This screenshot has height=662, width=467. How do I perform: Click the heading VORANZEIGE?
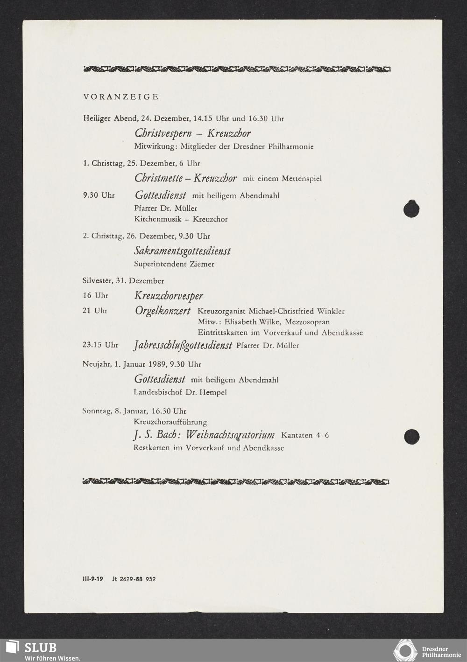coord(121,97)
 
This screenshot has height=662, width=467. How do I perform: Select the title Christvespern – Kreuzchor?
coord(192,133)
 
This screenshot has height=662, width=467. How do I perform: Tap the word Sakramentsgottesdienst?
coord(182,251)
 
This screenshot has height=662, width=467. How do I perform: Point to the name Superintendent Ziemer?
coord(174,264)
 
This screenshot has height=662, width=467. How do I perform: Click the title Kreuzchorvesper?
coord(169,296)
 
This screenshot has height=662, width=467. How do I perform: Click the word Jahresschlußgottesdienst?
coord(183,346)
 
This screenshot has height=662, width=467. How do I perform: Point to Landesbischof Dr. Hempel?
coord(180,392)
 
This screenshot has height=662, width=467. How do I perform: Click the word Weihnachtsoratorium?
coord(230,435)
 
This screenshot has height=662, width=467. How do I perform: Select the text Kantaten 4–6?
coord(305,435)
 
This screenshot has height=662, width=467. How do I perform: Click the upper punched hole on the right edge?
coord(411,209)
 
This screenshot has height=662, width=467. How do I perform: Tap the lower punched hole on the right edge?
coord(411,437)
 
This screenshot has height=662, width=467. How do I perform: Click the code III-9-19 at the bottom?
coord(92,579)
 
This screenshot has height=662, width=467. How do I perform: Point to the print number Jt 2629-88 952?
coord(134,579)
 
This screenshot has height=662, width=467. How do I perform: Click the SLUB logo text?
coord(40,648)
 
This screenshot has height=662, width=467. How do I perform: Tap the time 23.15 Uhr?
coord(100,345)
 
